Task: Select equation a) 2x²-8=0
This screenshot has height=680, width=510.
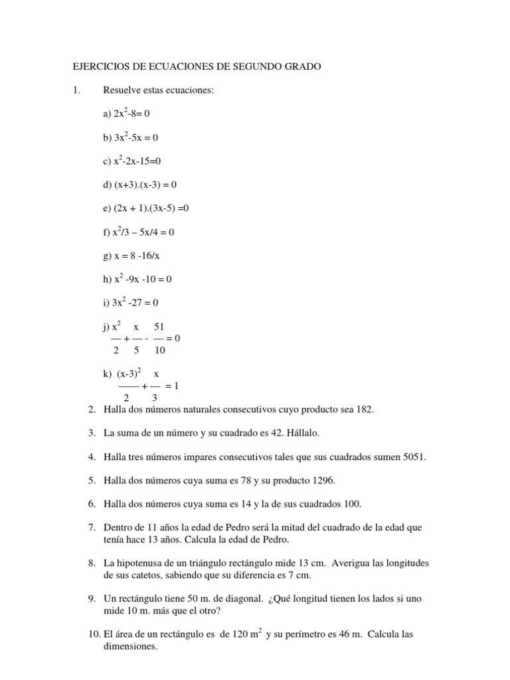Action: pyautogui.click(x=131, y=114)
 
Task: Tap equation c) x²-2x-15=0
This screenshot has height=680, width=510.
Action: pyautogui.click(x=133, y=161)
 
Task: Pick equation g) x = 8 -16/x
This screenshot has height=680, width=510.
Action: pyautogui.click(x=133, y=256)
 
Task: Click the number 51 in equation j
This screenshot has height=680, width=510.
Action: pyautogui.click(x=159, y=327)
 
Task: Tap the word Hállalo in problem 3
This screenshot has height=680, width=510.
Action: pyautogui.click(x=302, y=433)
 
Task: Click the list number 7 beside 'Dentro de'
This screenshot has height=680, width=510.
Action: pyautogui.click(x=92, y=527)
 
